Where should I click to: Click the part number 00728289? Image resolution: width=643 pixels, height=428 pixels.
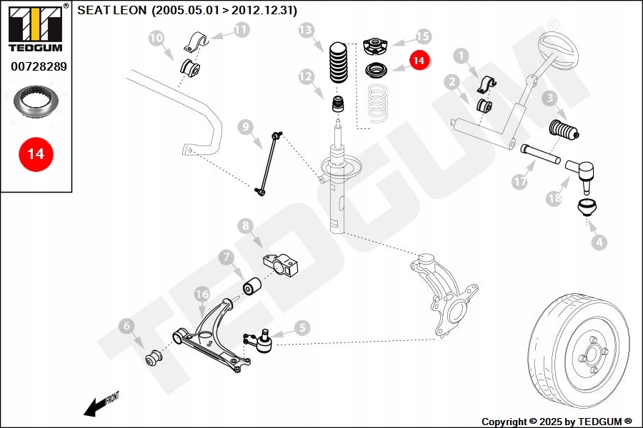pos(39,66)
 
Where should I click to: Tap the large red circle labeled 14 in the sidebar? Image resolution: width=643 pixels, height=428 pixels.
pos(36,153)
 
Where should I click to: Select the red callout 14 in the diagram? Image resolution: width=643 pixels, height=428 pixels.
pos(419,61)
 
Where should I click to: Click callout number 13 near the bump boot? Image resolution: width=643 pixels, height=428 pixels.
pos(306,30)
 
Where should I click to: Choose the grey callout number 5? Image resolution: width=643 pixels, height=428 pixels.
pos(301,327)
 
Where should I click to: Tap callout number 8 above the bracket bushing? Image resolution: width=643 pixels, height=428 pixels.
pos(246,227)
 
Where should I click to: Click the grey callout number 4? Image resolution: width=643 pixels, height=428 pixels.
pos(599,242)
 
